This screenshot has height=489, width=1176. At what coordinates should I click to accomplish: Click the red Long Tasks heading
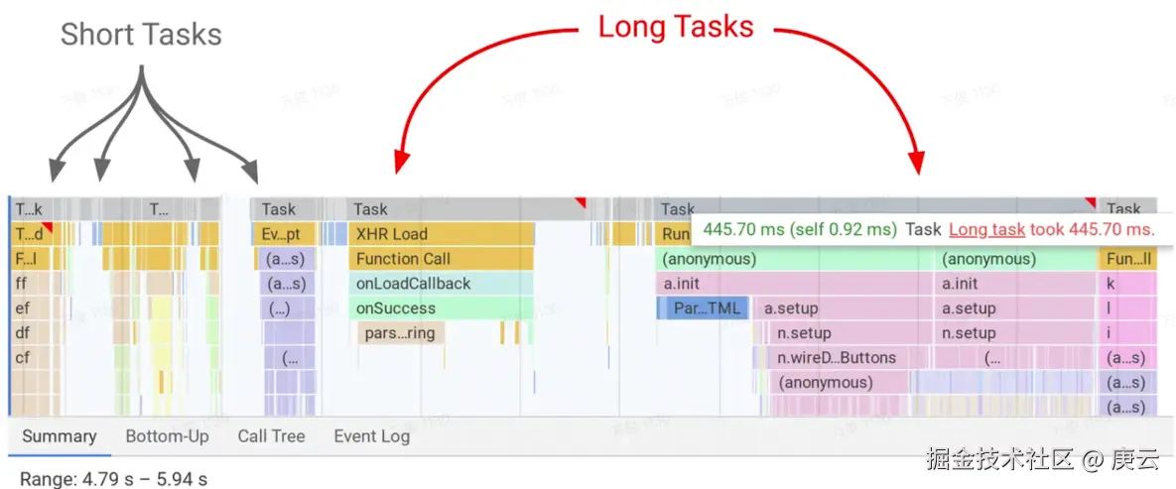(x=675, y=27)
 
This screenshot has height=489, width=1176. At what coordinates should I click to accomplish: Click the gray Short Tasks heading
(x=141, y=35)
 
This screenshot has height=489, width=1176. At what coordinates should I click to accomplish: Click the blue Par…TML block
(x=707, y=308)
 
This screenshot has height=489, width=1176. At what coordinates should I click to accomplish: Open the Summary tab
(x=60, y=436)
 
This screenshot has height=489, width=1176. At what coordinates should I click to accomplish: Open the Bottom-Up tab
(x=167, y=436)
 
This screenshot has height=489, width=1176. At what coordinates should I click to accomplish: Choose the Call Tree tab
(x=271, y=436)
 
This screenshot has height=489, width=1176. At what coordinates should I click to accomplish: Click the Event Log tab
(x=371, y=436)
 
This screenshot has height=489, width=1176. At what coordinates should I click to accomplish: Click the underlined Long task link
(x=986, y=229)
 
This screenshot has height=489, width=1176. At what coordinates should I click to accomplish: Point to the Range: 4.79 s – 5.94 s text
(x=113, y=479)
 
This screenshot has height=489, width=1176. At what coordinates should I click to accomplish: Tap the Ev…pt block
(x=288, y=234)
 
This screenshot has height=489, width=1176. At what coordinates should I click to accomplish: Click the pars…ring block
(x=400, y=333)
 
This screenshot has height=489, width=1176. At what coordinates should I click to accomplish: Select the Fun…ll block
(x=1128, y=259)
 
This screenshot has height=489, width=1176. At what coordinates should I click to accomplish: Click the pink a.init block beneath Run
(x=794, y=284)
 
